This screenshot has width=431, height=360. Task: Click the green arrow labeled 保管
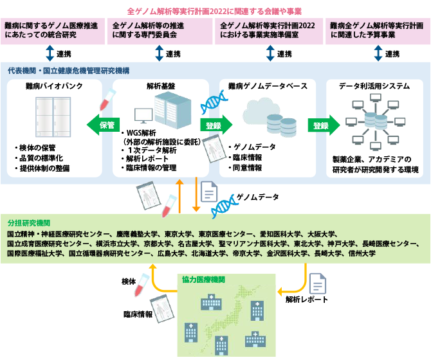coord(102,125)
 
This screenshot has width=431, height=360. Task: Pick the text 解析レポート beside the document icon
coord(307,300)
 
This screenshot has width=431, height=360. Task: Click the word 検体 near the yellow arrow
coord(129,282)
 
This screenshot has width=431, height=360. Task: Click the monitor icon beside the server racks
coord(143,116)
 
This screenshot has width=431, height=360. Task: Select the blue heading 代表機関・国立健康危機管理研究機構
coord(68,69)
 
